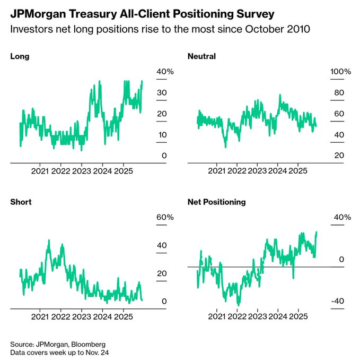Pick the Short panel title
pyautogui.click(x=21, y=202)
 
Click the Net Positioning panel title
pyautogui.click(x=216, y=202)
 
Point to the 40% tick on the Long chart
pyautogui.click(x=161, y=72)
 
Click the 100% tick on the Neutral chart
pyautogui.click(x=341, y=72)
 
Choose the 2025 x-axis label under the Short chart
pyautogui.click(x=124, y=317)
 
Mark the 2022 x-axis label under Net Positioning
pyautogui.click(x=237, y=317)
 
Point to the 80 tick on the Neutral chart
pyautogui.click(x=338, y=93)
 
